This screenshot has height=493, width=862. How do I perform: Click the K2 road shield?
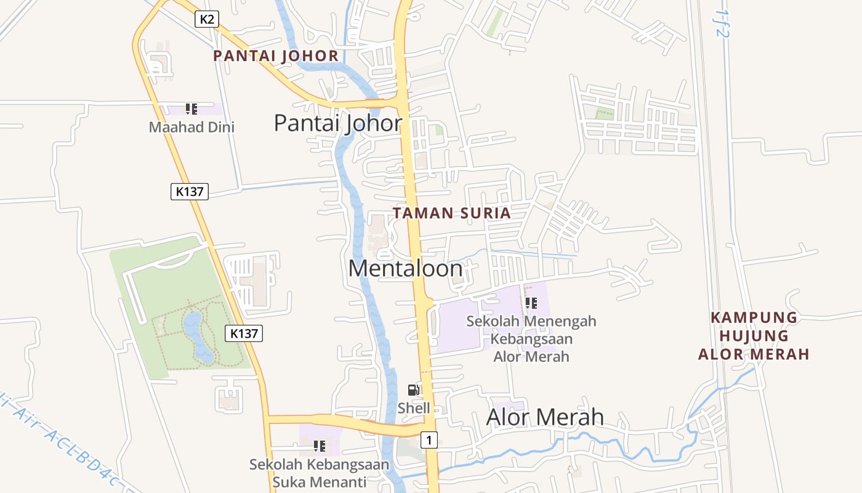pos(207,19)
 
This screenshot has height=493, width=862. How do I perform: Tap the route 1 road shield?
pos(430,440)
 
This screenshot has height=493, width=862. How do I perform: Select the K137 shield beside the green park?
pos(244,333)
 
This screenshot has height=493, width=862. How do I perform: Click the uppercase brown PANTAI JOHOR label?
pos(276,56)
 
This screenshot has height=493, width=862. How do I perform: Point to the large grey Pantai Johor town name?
pos(338,123)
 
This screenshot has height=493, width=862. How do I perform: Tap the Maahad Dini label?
pos(191,128)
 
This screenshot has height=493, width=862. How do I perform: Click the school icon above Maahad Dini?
pos(191,109)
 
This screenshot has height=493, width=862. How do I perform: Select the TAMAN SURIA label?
pos(452,213)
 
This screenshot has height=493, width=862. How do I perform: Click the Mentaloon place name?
pos(405,269)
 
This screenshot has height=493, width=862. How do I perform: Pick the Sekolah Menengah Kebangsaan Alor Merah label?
pos(531,338)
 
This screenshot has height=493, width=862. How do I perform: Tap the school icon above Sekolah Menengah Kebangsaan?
pos(531,303)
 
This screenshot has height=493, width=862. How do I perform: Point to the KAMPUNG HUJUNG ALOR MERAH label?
pos(754,336)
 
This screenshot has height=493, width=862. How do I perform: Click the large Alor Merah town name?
pos(545,417)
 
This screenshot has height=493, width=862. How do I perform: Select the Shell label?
pos(414,408)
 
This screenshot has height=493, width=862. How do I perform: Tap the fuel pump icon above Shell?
pos(414,389)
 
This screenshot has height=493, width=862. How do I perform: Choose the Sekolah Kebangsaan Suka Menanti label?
pos(319,473)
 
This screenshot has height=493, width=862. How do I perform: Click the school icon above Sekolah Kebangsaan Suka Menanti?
pos(319,446)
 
